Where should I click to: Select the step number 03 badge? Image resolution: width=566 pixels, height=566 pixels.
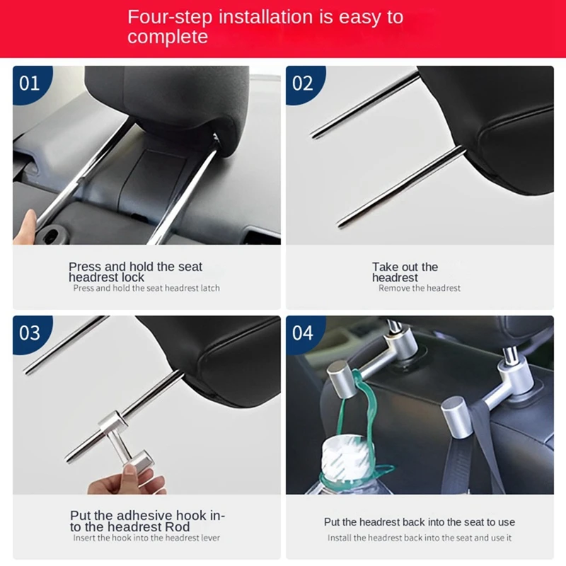[30, 333]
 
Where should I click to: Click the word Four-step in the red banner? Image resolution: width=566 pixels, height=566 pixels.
[170, 17]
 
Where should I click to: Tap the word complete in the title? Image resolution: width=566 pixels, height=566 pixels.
[168, 37]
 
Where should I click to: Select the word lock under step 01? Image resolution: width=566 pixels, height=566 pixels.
[133, 277]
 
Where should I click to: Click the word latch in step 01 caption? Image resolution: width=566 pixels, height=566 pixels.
[210, 288]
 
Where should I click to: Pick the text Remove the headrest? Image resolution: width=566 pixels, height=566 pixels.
[420, 288]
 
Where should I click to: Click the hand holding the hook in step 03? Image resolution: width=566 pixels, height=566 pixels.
[127, 480]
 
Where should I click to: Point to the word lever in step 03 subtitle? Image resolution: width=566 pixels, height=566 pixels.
[210, 538]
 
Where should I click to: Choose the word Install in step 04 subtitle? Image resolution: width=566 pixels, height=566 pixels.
[340, 538]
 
